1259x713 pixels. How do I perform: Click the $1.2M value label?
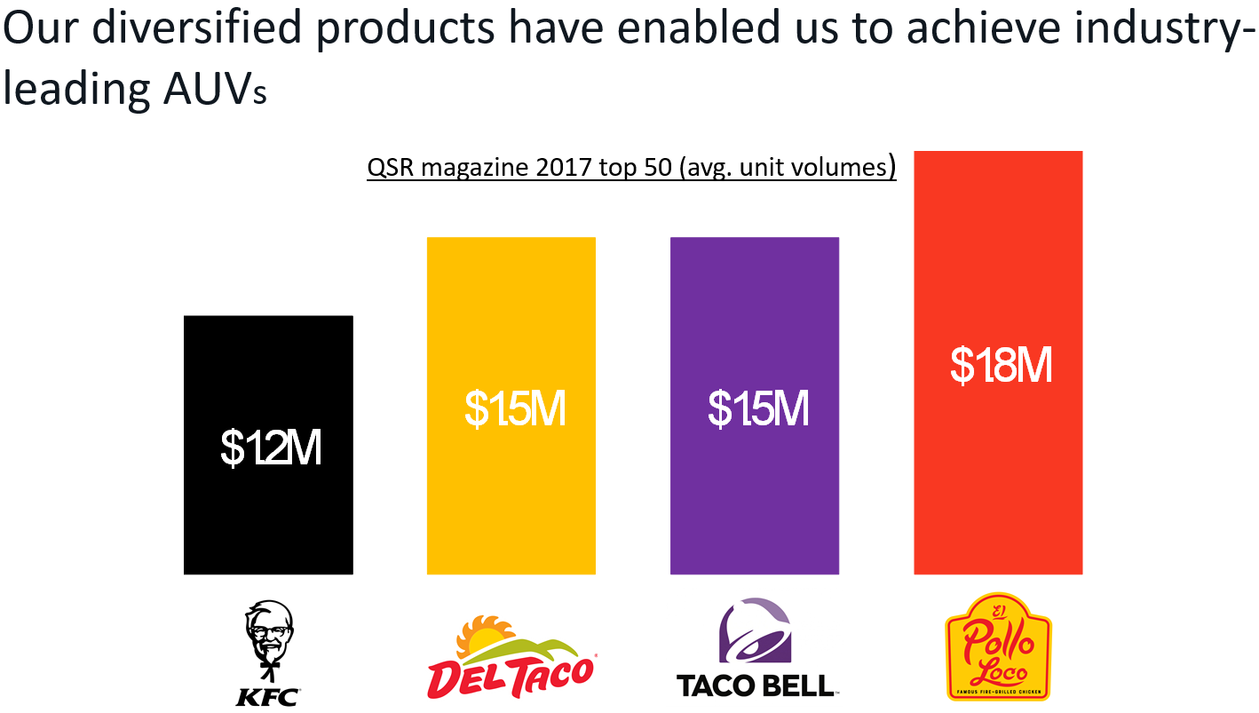click(x=270, y=449)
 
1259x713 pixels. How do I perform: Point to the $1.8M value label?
click(x=1001, y=365)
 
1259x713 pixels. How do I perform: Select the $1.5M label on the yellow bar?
click(x=514, y=408)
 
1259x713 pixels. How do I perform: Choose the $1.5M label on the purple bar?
click(x=757, y=408)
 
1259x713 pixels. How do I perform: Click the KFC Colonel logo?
click(x=268, y=653)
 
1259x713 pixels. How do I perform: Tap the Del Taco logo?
click(x=511, y=657)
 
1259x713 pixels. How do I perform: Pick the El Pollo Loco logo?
click(x=999, y=647)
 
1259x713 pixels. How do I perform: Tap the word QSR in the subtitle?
click(x=391, y=168)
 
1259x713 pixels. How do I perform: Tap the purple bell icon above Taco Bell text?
click(x=755, y=630)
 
